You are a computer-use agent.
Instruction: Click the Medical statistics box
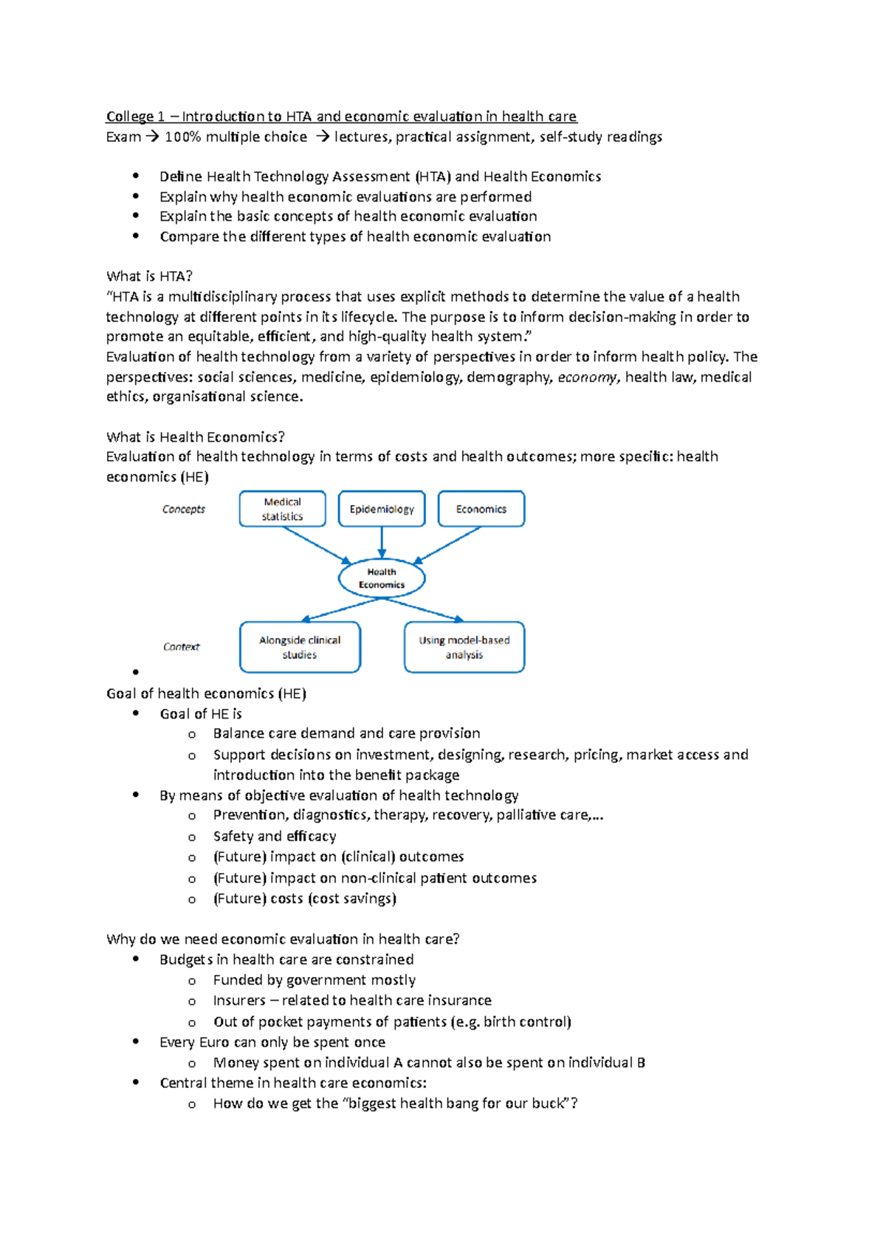tap(282, 509)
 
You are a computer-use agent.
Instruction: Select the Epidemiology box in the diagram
tap(382, 509)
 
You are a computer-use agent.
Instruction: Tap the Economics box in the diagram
tap(481, 509)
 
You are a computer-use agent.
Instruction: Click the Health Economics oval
tap(382, 578)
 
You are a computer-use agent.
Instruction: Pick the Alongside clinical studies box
tap(300, 647)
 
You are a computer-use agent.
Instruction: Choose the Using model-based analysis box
tap(464, 647)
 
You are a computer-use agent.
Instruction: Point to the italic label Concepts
tap(184, 509)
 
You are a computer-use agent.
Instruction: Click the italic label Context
tap(182, 647)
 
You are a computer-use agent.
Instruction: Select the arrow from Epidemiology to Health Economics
tap(382, 543)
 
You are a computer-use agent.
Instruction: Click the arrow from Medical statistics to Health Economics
tap(316, 545)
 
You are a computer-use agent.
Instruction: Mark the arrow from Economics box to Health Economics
tap(447, 545)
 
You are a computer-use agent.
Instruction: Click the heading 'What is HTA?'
tap(149, 276)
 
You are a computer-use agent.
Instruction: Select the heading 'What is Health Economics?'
tap(196, 437)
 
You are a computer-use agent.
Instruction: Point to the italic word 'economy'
tap(587, 377)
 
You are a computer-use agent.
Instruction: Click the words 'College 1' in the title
tap(135, 117)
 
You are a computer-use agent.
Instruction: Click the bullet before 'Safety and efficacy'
tap(192, 837)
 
